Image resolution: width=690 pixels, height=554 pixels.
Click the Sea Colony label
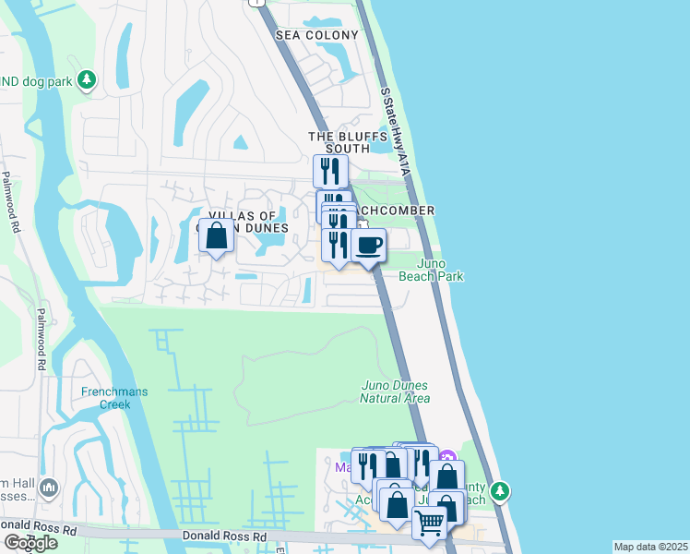(316, 35)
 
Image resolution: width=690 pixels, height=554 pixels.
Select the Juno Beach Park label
(431, 270)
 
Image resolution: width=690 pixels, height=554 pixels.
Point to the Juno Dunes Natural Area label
(395, 391)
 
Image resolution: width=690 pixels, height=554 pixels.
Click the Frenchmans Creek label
(114, 398)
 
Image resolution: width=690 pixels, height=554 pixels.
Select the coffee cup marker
(369, 246)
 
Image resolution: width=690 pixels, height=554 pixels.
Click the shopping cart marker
(430, 523)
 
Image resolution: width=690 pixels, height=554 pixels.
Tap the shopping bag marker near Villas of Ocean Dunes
(217, 236)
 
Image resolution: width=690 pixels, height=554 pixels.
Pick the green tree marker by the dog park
(88, 80)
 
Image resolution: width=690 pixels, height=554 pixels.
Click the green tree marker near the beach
(500, 490)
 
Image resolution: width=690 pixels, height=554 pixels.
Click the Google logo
(30, 542)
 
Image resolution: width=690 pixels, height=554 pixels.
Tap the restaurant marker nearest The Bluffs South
(329, 171)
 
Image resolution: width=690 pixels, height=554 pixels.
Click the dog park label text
(36, 81)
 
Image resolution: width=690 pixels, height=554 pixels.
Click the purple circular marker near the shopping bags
(447, 457)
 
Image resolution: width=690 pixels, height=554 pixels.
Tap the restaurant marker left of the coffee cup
(337, 245)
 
